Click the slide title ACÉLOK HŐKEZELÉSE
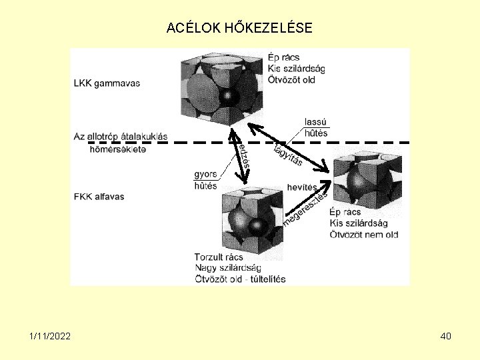click(239, 28)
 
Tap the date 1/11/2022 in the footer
click(51, 336)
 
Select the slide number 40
click(446, 336)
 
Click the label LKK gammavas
click(107, 83)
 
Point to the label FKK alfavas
click(99, 197)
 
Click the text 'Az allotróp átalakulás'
click(121, 137)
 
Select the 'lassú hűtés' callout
click(315, 127)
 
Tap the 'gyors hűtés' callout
click(205, 180)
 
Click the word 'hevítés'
click(302, 187)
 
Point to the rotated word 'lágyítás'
click(289, 154)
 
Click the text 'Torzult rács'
click(219, 257)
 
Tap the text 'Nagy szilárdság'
click(227, 267)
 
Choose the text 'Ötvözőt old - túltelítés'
click(240, 278)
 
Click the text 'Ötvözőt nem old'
click(363, 234)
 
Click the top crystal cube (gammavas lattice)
click(220, 87)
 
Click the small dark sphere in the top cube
click(229, 97)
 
